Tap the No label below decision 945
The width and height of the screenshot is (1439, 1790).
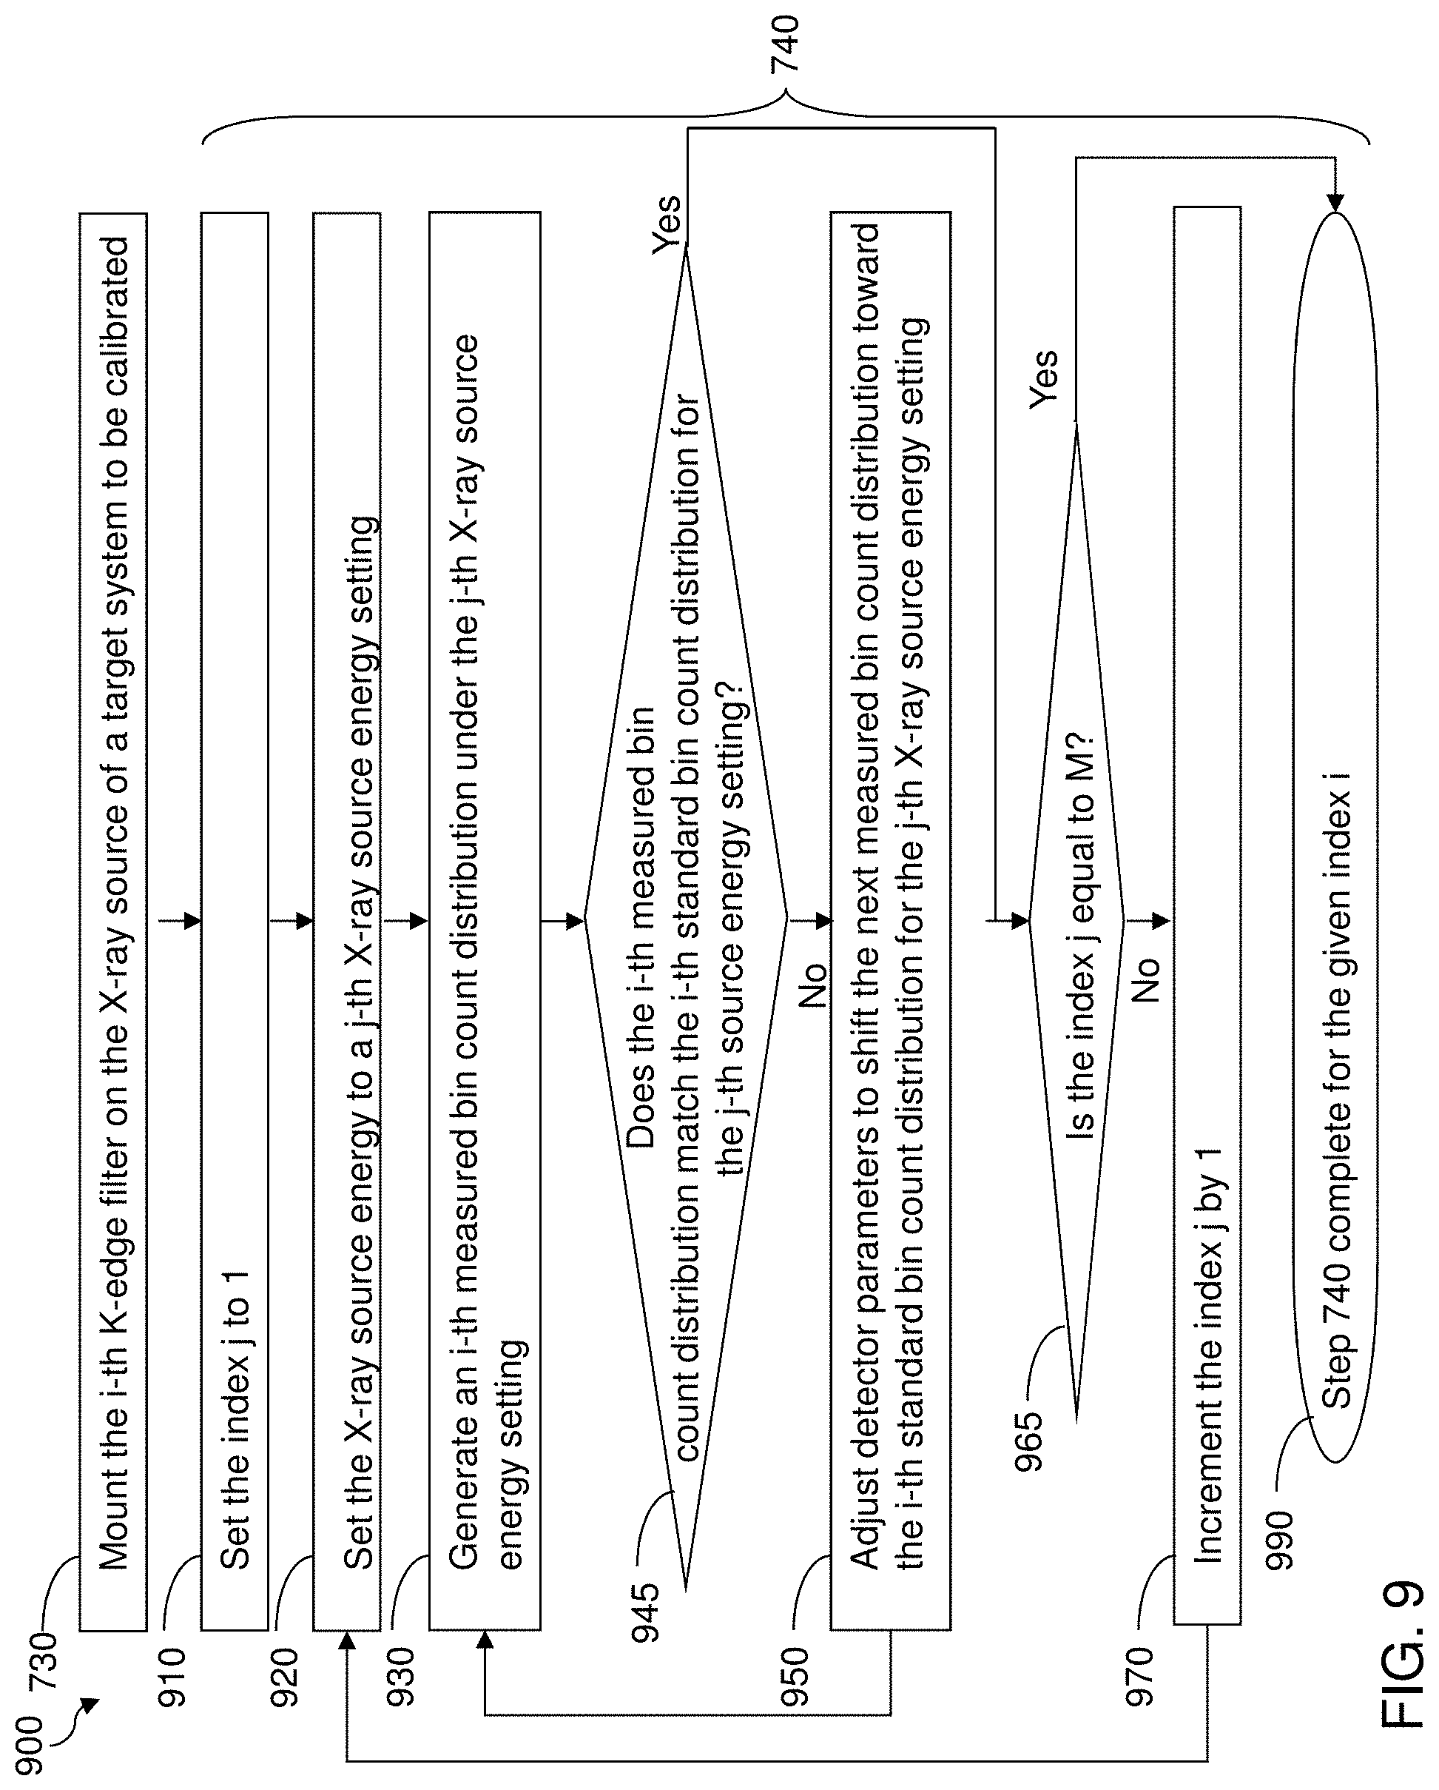(813, 985)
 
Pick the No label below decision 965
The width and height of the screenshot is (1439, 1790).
(1146, 979)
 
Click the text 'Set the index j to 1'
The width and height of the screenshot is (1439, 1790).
(235, 1420)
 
